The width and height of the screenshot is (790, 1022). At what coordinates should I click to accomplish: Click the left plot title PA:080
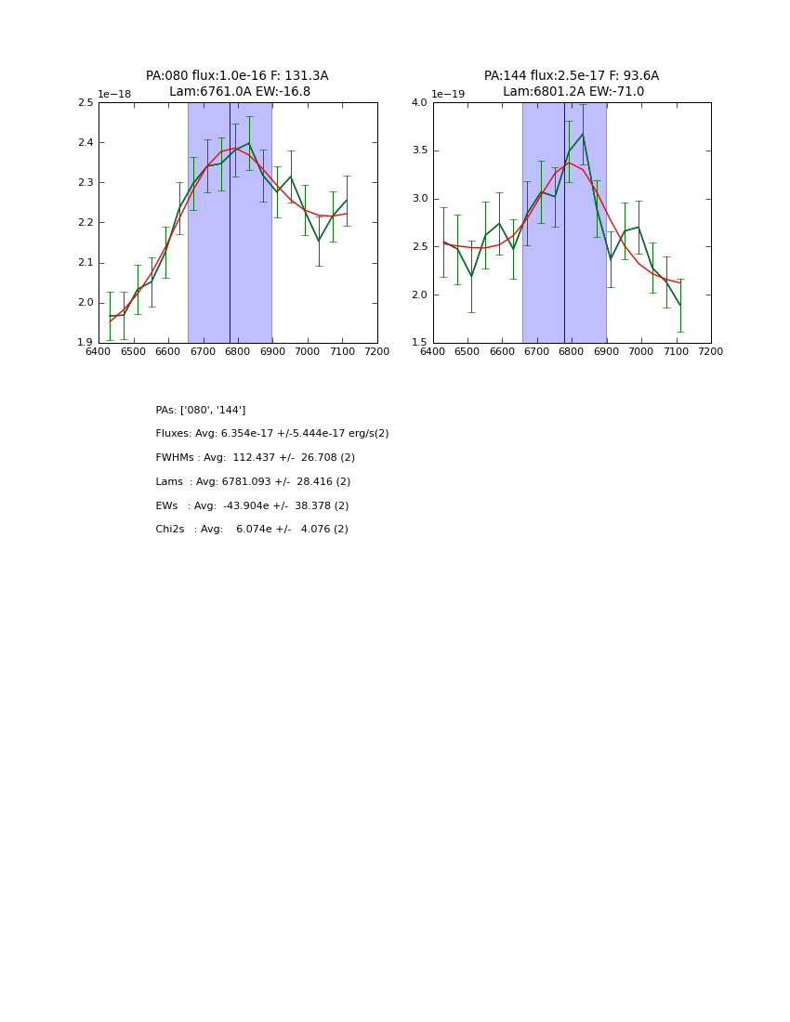[x=237, y=76]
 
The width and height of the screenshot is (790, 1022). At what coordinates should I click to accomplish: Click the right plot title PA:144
[x=572, y=76]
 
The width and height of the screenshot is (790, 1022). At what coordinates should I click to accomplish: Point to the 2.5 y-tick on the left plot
[x=85, y=103]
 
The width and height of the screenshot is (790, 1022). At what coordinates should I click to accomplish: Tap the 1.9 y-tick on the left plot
[x=85, y=343]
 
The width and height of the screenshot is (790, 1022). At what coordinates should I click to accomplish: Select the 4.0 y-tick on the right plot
[x=419, y=103]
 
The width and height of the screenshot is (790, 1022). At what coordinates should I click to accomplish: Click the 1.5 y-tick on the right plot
[x=419, y=343]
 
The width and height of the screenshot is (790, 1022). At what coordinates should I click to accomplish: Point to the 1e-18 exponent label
[x=114, y=94]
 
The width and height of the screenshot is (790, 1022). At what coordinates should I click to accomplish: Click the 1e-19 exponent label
[x=448, y=94]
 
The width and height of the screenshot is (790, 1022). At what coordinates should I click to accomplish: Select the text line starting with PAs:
[x=201, y=411]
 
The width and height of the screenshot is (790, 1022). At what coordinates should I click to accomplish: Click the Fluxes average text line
[x=272, y=434]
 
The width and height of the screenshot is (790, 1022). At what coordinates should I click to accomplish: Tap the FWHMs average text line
[x=256, y=458]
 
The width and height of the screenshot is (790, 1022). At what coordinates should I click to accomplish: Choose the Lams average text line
[x=253, y=482]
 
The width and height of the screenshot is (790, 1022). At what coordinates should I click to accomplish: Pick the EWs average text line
[x=252, y=506]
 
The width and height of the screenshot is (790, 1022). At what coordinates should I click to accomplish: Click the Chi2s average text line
[x=252, y=530]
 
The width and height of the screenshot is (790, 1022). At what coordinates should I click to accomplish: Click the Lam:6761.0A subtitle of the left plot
[x=240, y=92]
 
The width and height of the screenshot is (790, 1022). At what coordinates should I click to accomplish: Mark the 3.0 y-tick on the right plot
[x=419, y=199]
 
